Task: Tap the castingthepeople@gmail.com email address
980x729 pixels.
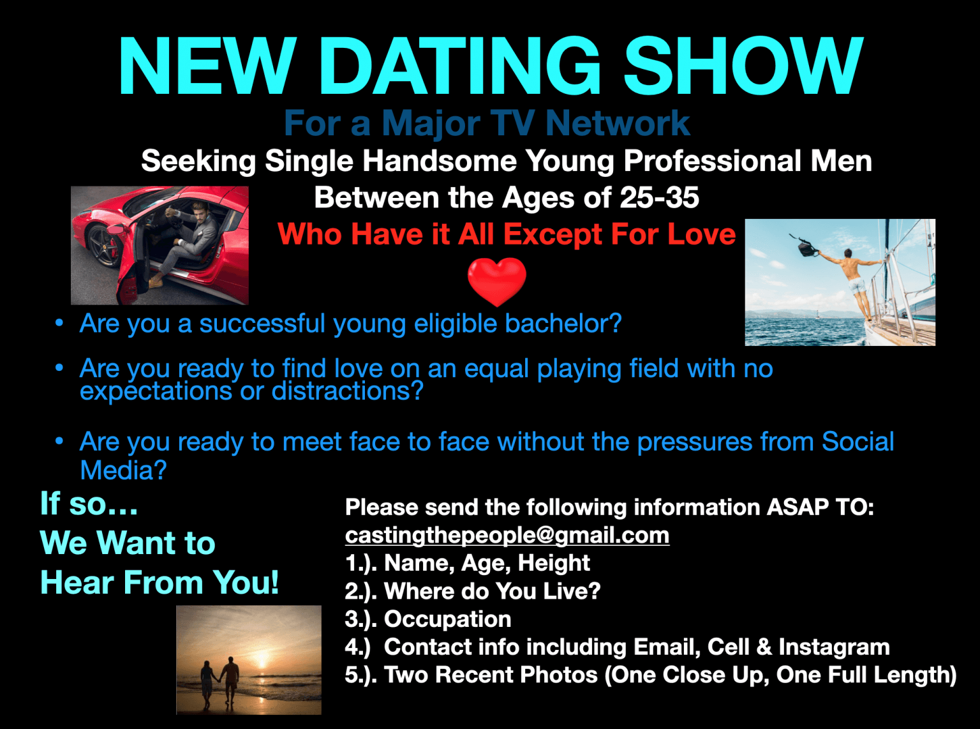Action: (x=507, y=535)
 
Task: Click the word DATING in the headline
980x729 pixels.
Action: (x=459, y=67)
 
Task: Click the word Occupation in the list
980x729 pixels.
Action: (x=447, y=619)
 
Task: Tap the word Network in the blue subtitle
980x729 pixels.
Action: (x=617, y=123)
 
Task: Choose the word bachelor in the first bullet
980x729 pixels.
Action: (x=562, y=324)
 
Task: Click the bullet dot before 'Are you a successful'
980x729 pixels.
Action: (x=59, y=323)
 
